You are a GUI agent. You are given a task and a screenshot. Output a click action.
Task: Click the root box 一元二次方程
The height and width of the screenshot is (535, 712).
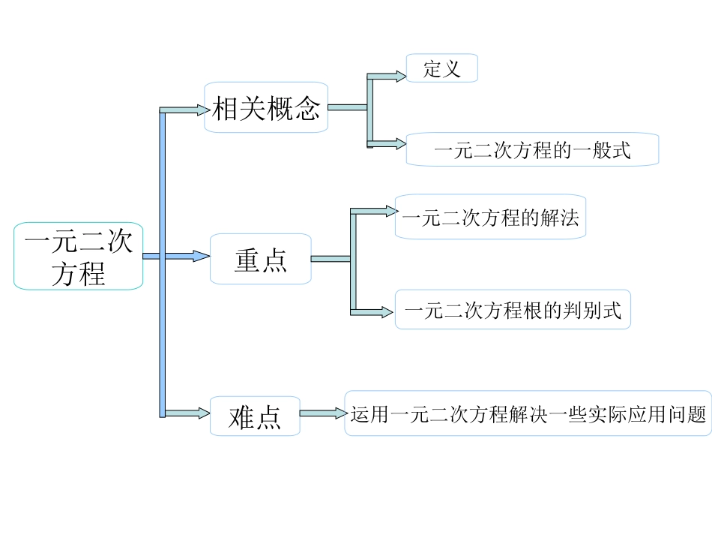pos(78,256)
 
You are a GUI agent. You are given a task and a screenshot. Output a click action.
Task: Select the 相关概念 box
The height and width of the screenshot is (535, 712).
pos(266,107)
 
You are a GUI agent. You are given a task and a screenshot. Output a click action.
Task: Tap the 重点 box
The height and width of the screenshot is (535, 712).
pos(260,259)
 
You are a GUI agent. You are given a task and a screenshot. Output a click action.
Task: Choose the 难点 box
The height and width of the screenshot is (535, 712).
pos(255,416)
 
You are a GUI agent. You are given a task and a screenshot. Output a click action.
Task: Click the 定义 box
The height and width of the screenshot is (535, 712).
pos(441,68)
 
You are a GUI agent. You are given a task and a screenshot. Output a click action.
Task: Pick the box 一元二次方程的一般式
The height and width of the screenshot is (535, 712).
pos(532,149)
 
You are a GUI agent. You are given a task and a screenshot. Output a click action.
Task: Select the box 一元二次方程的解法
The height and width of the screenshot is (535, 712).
pos(490,218)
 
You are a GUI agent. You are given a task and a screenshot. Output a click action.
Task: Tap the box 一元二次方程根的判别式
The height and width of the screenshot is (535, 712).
pos(513,309)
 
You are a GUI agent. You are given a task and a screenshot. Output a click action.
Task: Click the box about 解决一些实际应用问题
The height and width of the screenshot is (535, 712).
pos(528,413)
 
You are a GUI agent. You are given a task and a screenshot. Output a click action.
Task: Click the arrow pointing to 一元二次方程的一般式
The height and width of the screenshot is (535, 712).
pos(388,143)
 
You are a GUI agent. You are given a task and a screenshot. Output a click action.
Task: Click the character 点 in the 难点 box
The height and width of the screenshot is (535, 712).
pos(268,416)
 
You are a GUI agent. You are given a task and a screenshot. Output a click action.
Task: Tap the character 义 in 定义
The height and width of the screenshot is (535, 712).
pos(451,68)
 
